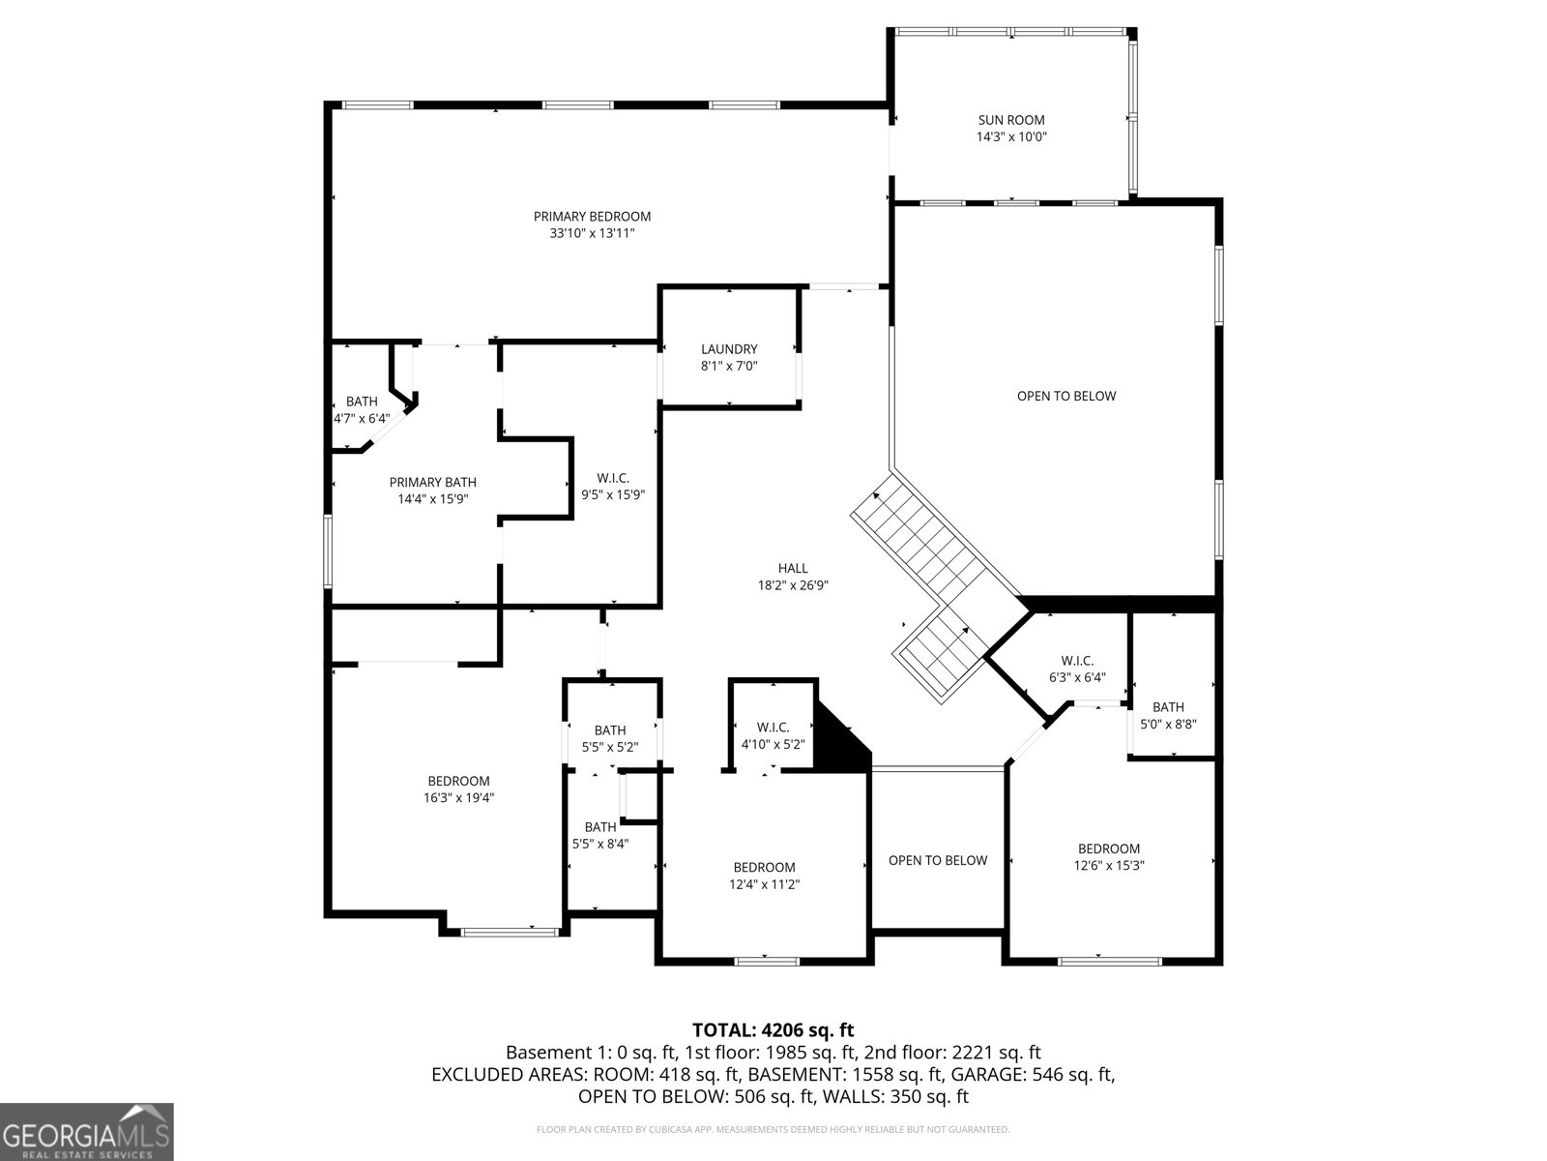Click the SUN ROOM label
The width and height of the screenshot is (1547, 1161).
(x=1011, y=121)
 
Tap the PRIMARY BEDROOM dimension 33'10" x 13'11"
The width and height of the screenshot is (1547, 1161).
(x=592, y=233)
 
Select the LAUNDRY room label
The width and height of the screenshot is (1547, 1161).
(x=729, y=349)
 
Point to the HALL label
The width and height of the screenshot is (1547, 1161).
(x=793, y=569)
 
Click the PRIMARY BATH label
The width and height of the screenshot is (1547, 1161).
(x=432, y=483)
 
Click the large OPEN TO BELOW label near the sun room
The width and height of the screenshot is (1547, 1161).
(x=1065, y=396)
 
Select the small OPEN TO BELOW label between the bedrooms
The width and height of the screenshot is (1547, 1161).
(x=937, y=860)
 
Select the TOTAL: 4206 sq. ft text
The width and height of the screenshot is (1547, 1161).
(x=773, y=1030)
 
